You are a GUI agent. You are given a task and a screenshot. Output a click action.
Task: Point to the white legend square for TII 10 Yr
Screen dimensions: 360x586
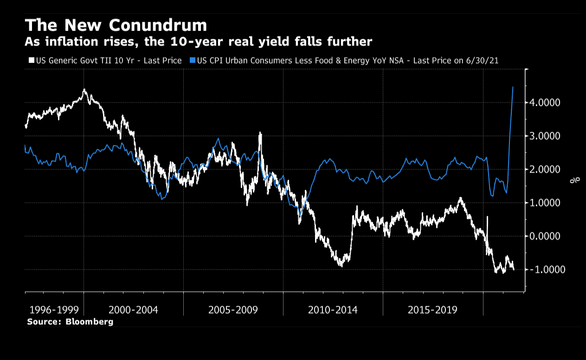pos(31,60)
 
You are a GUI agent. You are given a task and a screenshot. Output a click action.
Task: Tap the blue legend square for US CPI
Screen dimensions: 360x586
pos(193,60)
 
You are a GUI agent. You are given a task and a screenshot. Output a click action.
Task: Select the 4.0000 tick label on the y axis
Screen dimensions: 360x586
pos(545,103)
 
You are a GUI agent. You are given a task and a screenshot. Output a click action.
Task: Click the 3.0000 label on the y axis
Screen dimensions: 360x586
pos(545,136)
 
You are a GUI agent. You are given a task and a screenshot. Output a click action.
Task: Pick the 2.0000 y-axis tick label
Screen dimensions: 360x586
pos(545,169)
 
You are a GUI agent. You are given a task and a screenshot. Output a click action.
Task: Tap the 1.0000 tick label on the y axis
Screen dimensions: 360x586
pos(545,203)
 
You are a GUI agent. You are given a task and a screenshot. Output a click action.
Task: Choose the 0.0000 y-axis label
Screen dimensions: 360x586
pos(545,236)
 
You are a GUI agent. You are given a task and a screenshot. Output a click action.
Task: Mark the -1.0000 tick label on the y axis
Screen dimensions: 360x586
pos(543,270)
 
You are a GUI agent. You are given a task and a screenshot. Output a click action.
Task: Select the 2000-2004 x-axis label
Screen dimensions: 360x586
pos(133,309)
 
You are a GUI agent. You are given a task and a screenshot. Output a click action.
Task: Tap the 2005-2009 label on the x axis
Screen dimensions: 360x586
pos(233,309)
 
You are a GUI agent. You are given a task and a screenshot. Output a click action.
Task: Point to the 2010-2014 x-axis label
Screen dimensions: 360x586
pos(333,309)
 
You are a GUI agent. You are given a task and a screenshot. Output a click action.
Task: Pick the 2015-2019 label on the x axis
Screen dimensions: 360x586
pos(432,309)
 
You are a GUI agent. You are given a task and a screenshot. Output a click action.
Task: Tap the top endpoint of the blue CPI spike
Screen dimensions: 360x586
pos(513,87)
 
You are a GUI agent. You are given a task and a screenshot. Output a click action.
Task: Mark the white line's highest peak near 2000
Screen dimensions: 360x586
pos(84,90)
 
